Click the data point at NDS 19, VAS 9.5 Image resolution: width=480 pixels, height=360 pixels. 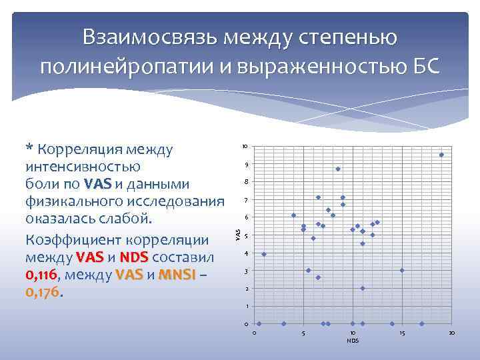coord(441,155)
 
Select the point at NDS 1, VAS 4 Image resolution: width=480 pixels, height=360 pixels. coord(264,254)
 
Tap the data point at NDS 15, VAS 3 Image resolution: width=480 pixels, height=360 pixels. coord(402,270)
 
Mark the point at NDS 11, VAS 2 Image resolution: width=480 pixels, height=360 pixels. coord(363,288)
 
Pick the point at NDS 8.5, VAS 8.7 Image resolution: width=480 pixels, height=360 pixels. coord(338,169)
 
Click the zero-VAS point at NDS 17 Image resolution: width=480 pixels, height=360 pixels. coord(422,324)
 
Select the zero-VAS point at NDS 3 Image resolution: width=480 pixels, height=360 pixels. coord(283,324)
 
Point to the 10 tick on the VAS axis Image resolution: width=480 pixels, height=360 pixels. coord(245,147)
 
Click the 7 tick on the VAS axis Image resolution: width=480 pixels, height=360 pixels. coord(246,201)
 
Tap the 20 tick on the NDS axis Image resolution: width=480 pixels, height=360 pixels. coord(451,333)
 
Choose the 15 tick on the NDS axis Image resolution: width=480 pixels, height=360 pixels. coord(402,333)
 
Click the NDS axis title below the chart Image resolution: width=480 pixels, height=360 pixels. coord(353,341)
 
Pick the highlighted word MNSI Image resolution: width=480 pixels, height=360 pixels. coord(177,275)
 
